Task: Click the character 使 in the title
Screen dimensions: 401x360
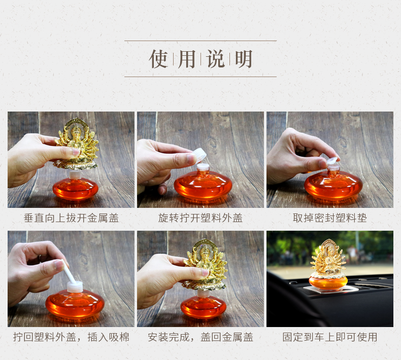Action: (x=158, y=59)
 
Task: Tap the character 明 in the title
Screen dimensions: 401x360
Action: (x=244, y=59)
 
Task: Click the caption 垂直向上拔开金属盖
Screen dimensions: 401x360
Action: (x=72, y=218)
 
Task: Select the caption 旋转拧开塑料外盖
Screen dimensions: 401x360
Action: (x=200, y=218)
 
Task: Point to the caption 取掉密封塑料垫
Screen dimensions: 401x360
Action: (x=330, y=218)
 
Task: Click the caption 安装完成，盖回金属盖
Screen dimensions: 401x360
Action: (x=201, y=337)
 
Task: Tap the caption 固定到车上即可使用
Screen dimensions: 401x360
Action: (x=330, y=337)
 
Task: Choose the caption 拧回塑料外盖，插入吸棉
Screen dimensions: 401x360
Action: (x=72, y=337)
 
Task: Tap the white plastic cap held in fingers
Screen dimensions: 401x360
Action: (x=199, y=155)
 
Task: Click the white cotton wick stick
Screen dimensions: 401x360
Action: (x=68, y=272)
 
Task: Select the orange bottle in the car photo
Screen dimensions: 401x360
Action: (x=328, y=281)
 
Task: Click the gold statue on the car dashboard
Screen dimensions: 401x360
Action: (x=328, y=258)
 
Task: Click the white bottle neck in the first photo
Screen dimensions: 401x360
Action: (x=75, y=175)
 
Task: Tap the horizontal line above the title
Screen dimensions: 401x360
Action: (x=200, y=41)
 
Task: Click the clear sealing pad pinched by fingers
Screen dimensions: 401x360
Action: (x=332, y=161)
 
